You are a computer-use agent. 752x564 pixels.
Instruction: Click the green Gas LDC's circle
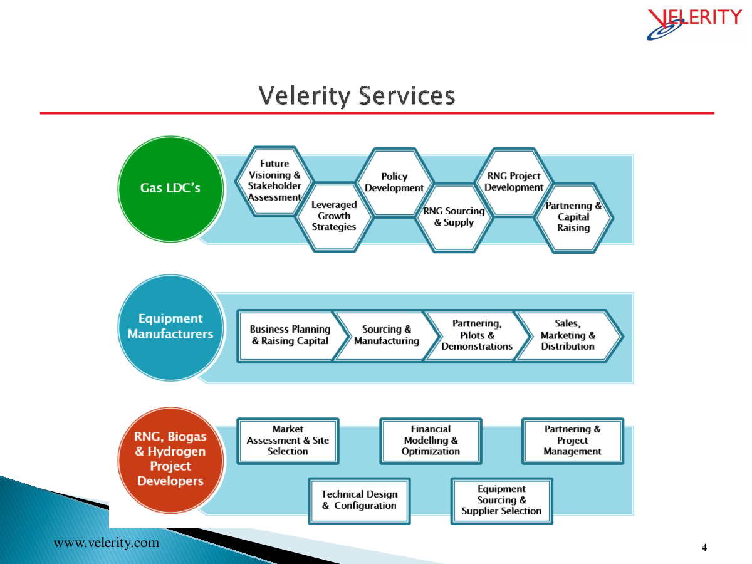pos(170,189)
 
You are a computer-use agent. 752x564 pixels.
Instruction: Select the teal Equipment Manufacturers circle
pos(170,328)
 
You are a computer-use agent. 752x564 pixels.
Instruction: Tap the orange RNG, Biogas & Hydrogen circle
pos(170,460)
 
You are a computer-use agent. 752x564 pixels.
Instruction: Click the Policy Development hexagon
pos(394,182)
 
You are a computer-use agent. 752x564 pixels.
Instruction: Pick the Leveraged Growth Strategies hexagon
pos(334,217)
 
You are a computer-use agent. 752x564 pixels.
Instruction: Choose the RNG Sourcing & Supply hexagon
pos(454,217)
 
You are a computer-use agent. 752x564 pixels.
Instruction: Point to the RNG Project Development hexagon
pos(514,182)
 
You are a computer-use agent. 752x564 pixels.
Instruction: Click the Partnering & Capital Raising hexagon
pos(574,218)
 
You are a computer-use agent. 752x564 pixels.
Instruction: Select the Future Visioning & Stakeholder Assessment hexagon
pos(274,181)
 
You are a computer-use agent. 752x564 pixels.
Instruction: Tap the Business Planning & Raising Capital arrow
pos(291,336)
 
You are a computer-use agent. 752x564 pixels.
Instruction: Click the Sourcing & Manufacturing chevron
pos(387,336)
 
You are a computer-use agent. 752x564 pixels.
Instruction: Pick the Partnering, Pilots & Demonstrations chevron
pos(477,336)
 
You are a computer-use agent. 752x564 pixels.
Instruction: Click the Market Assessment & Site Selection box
pos(288,441)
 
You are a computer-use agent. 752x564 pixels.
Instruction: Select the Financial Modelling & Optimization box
pos(431,441)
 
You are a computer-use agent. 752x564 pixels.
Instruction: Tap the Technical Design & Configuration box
pos(359,501)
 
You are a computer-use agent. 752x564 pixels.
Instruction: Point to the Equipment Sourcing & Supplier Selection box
pos(501,501)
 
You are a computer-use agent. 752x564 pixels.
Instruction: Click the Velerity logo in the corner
pos(694,24)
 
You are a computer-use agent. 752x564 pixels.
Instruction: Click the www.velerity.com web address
pos(106,543)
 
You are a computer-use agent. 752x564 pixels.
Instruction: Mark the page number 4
pos(704,547)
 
